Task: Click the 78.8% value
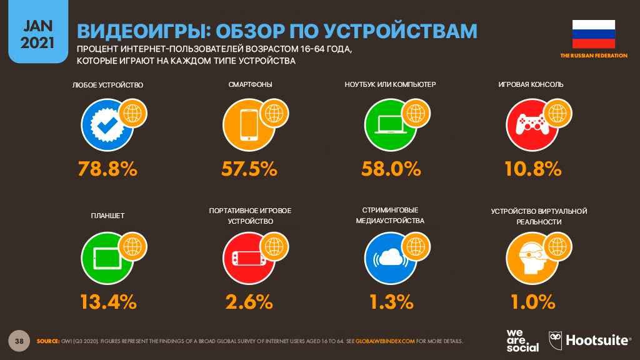click(x=107, y=169)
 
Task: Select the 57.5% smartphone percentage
click(x=249, y=169)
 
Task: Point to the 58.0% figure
click(x=391, y=169)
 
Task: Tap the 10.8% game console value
click(x=533, y=169)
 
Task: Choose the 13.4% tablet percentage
click(x=108, y=302)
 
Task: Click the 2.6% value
click(x=249, y=302)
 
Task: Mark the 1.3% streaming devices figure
click(x=391, y=302)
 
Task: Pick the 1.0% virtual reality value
click(x=533, y=302)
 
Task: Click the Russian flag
click(x=594, y=34)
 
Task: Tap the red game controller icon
click(x=532, y=125)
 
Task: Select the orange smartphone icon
click(x=249, y=125)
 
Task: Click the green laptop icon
click(x=390, y=125)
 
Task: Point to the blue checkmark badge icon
click(x=107, y=125)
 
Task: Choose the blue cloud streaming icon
click(x=390, y=258)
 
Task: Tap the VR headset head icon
click(x=532, y=258)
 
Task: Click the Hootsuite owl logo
click(x=555, y=341)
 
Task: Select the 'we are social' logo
click(x=522, y=341)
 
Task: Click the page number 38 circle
click(x=19, y=341)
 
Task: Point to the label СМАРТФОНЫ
click(x=250, y=84)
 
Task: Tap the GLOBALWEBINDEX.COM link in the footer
click(x=385, y=341)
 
